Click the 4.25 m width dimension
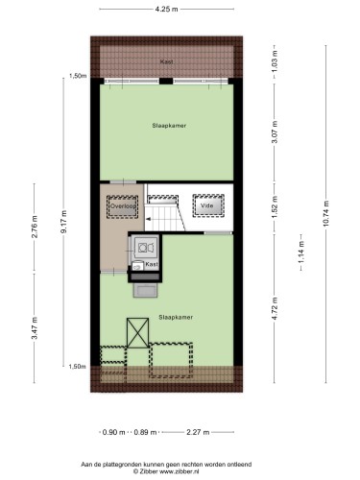coord(166,9)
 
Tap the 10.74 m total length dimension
coord(325,213)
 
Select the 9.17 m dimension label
coord(64,222)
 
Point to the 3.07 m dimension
coord(275,132)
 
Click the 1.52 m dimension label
coord(275,207)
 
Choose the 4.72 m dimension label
coord(275,308)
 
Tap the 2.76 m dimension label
coord(35,227)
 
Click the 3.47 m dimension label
coord(35,327)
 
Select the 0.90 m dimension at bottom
coord(113,432)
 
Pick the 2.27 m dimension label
coord(198,432)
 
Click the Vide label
coord(206,205)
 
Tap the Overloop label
coord(123,206)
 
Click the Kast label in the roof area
coord(166,61)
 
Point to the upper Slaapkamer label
coord(169,126)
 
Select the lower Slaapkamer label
coord(176,317)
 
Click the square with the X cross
coord(138,333)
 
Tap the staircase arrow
coord(149,219)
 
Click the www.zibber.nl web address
coord(180,471)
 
